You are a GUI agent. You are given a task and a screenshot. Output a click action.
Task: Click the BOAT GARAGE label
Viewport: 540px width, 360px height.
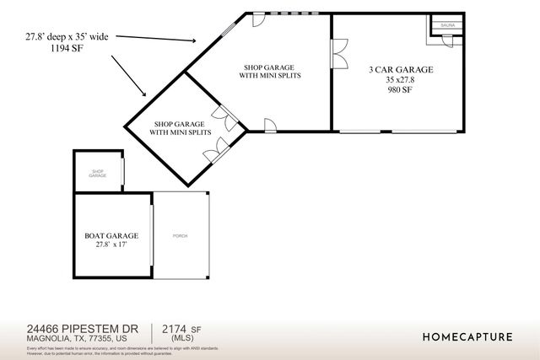click(111, 235)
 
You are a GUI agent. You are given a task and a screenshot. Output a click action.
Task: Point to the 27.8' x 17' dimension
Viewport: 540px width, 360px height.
click(111, 245)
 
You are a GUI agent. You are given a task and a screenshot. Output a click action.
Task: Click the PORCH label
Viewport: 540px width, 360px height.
click(179, 235)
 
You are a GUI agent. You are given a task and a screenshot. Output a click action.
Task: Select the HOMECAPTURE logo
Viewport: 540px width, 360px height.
click(467, 336)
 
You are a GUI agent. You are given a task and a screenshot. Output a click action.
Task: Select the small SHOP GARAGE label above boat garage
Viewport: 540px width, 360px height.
click(98, 174)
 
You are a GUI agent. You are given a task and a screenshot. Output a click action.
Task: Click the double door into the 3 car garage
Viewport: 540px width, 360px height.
click(339, 56)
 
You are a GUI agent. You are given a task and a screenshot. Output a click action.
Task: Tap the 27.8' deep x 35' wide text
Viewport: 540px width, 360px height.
click(66, 37)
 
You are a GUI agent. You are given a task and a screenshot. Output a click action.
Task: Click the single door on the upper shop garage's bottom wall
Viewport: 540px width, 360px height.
click(270, 126)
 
